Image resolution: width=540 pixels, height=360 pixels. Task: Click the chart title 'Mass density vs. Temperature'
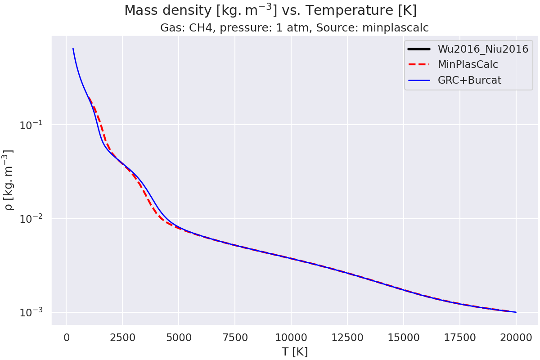click(x=270, y=10)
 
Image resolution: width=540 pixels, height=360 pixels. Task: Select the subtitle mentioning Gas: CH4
click(x=294, y=28)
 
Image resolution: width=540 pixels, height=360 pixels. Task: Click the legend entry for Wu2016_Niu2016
click(x=482, y=49)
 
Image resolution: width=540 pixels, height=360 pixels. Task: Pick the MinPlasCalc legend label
click(x=468, y=64)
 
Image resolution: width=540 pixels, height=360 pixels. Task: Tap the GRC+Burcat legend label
click(x=469, y=80)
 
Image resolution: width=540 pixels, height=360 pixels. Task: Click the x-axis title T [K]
click(x=294, y=352)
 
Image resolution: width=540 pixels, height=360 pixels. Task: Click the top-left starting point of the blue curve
click(x=73, y=49)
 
